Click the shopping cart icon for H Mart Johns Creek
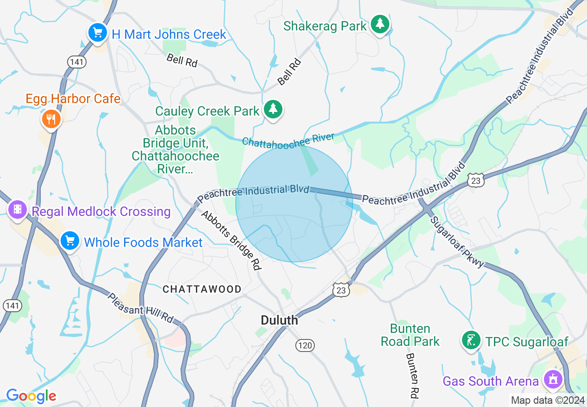point(98,33)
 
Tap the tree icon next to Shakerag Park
point(380,24)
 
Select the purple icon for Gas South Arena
point(552,380)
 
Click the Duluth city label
point(279,320)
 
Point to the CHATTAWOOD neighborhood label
point(202,290)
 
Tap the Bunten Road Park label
point(410,335)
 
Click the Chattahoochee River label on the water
point(288,141)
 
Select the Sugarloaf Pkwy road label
point(457,241)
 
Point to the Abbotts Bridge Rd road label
point(231,240)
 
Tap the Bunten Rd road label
point(412,376)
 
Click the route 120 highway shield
point(305,345)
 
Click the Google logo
point(31,396)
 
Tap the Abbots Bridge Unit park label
point(175,150)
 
